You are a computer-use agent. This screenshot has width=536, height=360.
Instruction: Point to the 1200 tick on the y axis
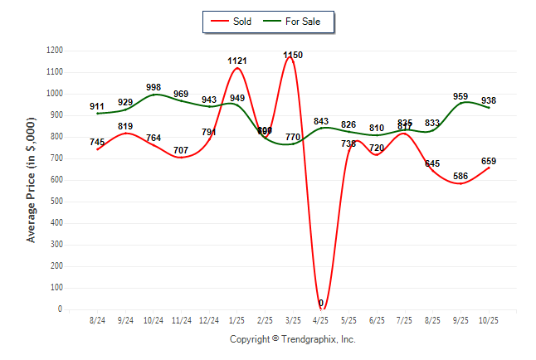pos(56,51)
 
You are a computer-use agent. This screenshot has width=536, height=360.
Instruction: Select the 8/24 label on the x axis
pos(98,320)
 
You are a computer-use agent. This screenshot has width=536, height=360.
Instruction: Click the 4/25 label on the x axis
pos(321,320)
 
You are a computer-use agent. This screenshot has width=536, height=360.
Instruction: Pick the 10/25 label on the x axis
pos(489,320)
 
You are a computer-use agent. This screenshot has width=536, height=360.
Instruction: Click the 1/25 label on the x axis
pos(237,320)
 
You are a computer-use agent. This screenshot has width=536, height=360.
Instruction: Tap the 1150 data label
pos(293,55)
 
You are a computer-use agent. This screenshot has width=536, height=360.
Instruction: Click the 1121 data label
pos(237,61)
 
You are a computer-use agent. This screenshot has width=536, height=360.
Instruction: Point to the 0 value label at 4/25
pos(321,303)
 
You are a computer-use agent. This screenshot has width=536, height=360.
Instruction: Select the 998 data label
pos(153,87)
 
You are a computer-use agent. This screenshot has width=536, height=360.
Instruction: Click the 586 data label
pos(460,176)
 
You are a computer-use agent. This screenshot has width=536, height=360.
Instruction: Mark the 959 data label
pos(460,96)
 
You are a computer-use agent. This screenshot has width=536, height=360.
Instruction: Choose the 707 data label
pos(182,150)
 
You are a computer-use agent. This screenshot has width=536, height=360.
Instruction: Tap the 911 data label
pos(98,106)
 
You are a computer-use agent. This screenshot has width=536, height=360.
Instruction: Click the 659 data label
pos(489,161)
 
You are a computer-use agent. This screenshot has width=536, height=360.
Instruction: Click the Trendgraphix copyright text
pos(292,339)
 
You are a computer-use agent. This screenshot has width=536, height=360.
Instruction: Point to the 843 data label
pos(321,121)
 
